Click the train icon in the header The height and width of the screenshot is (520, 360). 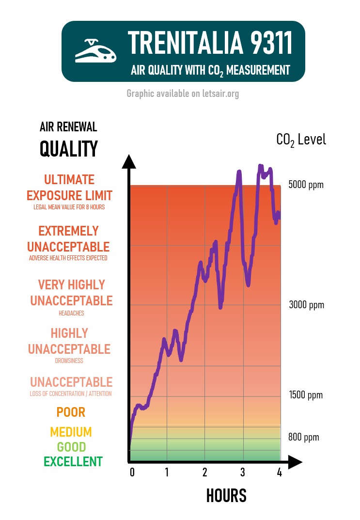[96, 51]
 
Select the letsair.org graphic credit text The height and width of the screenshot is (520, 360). [183, 94]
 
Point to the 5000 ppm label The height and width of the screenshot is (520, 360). [306, 185]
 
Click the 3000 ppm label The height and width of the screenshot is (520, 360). [306, 305]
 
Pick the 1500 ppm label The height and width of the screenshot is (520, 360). [305, 395]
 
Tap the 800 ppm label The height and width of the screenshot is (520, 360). [303, 437]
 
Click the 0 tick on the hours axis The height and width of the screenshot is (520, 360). [132, 473]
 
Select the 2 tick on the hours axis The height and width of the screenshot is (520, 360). [205, 473]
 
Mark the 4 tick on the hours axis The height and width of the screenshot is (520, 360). [279, 473]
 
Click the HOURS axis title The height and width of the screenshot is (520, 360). [226, 496]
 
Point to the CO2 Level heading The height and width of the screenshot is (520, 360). [301, 140]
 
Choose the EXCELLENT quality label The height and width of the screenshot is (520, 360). [73, 462]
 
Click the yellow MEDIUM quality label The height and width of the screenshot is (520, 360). [71, 432]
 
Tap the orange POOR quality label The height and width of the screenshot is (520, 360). [71, 412]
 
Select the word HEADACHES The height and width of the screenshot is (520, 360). [71, 314]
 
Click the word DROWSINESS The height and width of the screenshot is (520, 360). [69, 361]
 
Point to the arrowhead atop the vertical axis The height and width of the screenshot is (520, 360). [129, 161]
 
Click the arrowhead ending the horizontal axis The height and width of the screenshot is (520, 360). [294, 462]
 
